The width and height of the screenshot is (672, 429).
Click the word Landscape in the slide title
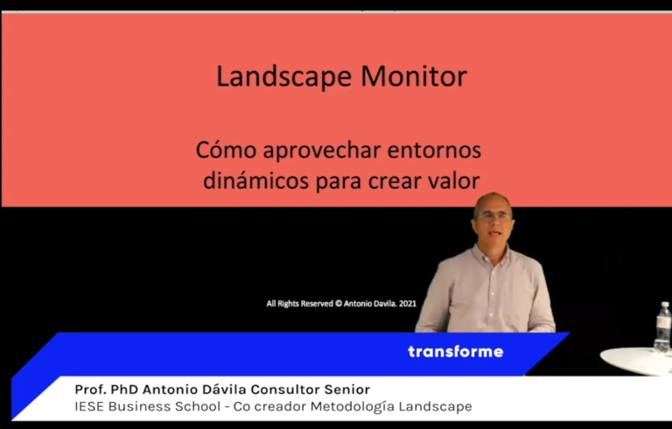(283, 77)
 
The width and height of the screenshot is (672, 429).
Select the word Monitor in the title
(414, 76)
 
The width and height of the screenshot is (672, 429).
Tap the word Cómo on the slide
(226, 151)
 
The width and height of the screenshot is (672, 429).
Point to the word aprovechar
(322, 151)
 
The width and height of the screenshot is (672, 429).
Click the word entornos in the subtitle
(434, 151)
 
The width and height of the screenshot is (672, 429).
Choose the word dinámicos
(255, 180)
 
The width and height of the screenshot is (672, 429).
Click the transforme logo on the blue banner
(456, 352)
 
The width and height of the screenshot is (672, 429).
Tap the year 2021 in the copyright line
(408, 304)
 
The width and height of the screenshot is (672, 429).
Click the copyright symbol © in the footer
(339, 304)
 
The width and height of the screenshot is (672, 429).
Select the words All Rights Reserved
(299, 304)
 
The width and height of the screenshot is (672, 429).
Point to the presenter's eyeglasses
(493, 216)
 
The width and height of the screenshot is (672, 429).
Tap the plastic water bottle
(662, 327)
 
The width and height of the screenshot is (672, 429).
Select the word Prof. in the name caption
(90, 390)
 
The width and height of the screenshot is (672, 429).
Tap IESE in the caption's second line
(89, 406)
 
